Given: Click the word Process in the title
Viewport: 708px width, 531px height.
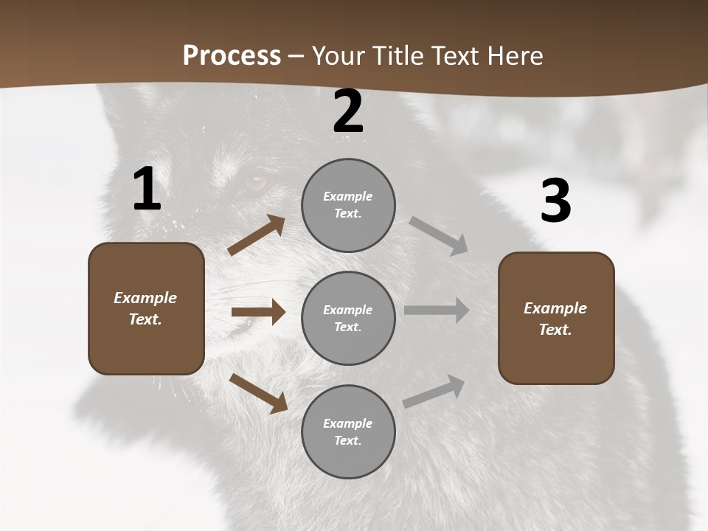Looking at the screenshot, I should point(232,55).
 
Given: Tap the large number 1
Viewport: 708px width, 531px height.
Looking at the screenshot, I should point(147,190).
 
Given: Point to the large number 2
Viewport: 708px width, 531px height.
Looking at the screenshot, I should point(348,112).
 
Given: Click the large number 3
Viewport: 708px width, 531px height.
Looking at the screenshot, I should point(555,201).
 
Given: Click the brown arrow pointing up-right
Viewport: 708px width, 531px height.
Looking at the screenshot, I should point(257,235).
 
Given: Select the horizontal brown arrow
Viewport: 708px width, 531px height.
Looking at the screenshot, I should point(258,312).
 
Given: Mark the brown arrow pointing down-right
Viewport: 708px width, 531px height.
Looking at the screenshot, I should point(259,393).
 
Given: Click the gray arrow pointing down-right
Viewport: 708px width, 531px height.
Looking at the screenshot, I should point(440,236).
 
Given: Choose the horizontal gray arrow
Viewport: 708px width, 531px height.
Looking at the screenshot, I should point(436,310).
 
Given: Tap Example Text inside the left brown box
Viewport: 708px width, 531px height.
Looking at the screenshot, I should point(145,308).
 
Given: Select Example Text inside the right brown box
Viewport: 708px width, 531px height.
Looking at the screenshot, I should point(555,319).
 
